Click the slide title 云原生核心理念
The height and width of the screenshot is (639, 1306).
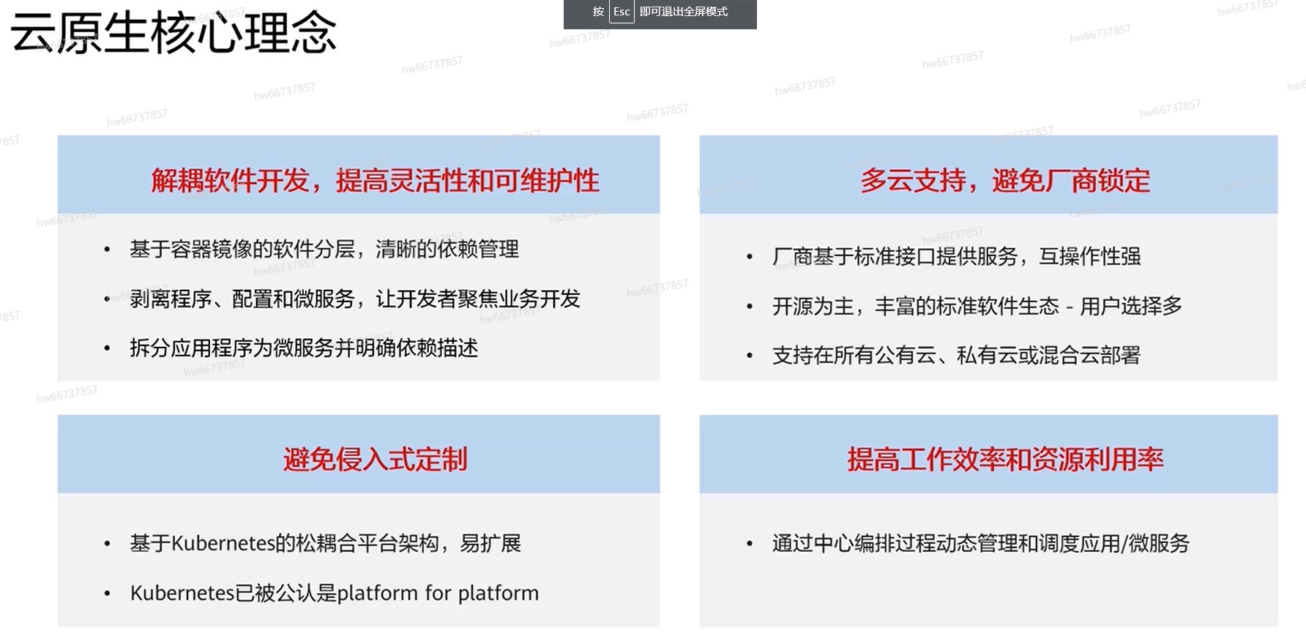[173, 34]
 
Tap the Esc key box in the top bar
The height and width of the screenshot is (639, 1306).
[622, 12]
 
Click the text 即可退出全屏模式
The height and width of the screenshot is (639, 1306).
[684, 12]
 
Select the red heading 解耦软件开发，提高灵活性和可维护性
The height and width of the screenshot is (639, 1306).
[376, 181]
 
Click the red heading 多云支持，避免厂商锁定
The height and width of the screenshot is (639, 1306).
[1005, 181]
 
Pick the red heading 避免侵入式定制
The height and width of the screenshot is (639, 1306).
[376, 460]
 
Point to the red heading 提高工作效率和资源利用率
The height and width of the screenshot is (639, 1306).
[1005, 460]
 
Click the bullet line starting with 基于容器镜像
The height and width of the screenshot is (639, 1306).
[324, 250]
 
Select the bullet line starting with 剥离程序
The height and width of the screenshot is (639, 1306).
[355, 299]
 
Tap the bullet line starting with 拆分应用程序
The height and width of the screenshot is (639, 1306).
[304, 348]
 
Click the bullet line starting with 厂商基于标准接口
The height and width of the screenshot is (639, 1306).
[957, 256]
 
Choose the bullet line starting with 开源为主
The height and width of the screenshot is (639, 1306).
[977, 306]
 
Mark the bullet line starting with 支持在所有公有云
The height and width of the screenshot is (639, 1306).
[957, 356]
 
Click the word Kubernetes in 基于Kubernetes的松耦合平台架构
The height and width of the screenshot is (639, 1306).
[223, 543]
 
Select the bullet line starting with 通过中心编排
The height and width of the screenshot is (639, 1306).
[981, 543]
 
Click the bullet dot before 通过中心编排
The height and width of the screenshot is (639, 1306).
[750, 544]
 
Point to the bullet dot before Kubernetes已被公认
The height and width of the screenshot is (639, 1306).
[108, 594]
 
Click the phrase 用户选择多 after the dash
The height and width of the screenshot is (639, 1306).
[1131, 306]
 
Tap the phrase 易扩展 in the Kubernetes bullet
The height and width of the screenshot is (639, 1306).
[490, 543]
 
